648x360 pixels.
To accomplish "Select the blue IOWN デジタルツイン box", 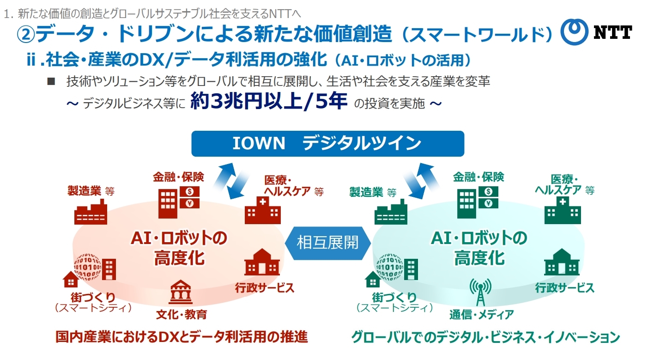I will click(327, 143).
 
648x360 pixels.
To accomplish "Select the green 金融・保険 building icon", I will click(478, 201).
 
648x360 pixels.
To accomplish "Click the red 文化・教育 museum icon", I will click(181, 292).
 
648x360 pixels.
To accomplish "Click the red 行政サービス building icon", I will click(262, 263).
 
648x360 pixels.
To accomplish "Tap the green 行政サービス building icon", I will click(562, 263).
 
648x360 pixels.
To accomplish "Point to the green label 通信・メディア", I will click(481, 315).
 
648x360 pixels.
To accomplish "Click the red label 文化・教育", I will click(181, 315).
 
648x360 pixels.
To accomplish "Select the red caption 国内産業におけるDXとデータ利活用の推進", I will click(181, 337).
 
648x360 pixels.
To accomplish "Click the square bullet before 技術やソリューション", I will click(51, 82).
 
